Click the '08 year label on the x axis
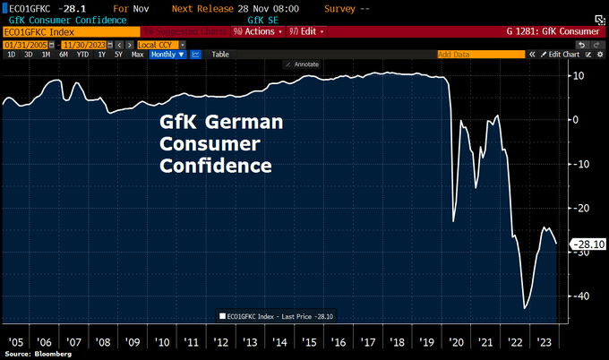[x=103, y=342]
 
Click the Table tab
[x=220, y=55]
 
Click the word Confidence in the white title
[x=216, y=166]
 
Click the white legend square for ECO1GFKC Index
[x=222, y=315]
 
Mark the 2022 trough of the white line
[x=526, y=308]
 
